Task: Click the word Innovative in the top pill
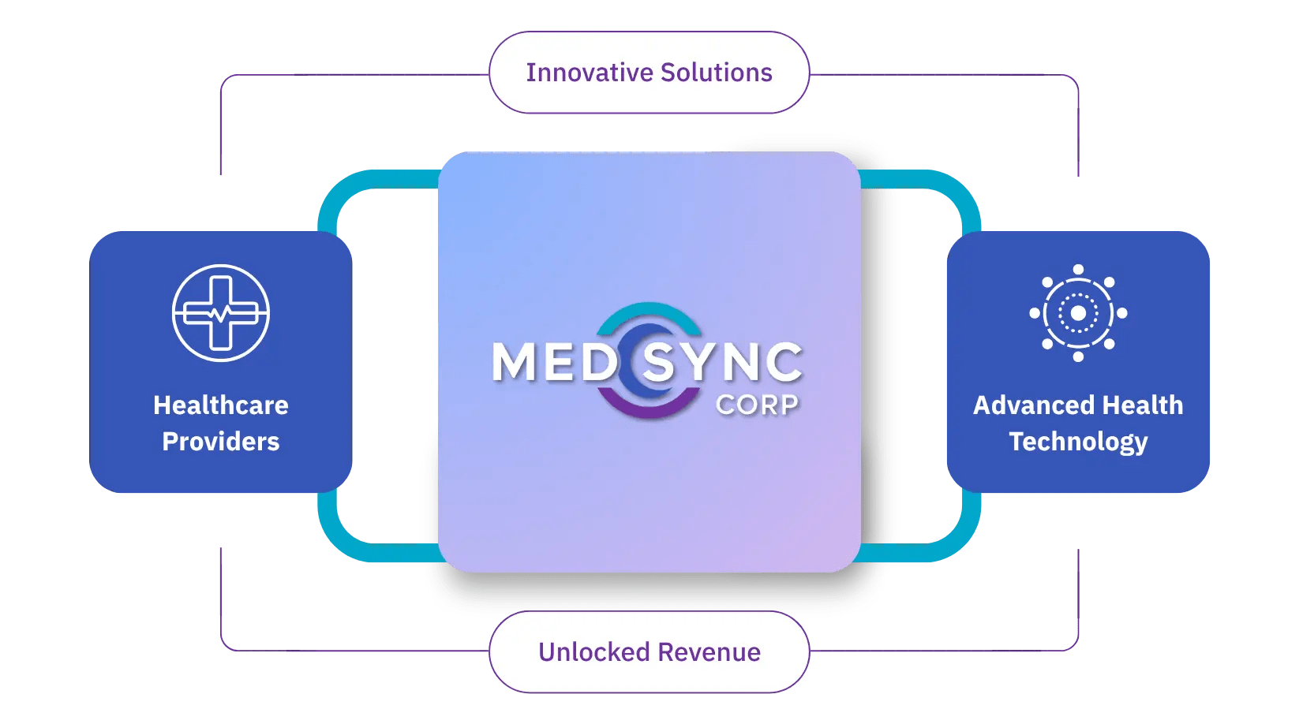[x=590, y=73]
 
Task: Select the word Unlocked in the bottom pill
[x=594, y=652]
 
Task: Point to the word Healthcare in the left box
[x=221, y=405]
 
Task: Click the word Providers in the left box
[x=221, y=442]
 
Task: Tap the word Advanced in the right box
[x=1029, y=405]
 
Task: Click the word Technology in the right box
[x=1078, y=442]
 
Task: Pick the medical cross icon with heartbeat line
[x=221, y=313]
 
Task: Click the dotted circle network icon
[x=1078, y=313]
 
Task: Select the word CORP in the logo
[x=757, y=405]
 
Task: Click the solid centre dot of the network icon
[x=1078, y=313]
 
